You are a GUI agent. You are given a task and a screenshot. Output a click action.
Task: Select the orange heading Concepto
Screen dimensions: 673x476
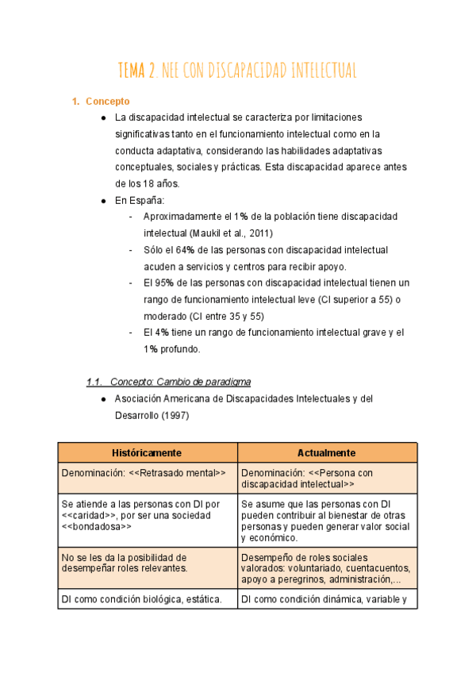107,102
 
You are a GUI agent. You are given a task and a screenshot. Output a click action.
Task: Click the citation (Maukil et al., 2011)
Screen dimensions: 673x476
231,233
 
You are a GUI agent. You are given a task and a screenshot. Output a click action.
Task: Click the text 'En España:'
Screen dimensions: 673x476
140,201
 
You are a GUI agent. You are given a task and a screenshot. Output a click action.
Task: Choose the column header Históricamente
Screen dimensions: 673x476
147,452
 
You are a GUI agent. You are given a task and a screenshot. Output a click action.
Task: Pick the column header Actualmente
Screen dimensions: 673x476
326,452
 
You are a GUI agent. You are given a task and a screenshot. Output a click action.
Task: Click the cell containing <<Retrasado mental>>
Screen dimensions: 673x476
147,473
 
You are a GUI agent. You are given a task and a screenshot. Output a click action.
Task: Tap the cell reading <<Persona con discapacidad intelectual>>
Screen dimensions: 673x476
326,479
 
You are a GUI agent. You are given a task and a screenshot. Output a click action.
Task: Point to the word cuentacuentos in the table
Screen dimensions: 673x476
375,568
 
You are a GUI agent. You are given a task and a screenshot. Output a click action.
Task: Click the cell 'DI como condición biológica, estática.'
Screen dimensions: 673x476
147,600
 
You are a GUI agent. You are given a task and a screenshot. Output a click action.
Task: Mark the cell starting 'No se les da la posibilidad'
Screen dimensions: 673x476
147,563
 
